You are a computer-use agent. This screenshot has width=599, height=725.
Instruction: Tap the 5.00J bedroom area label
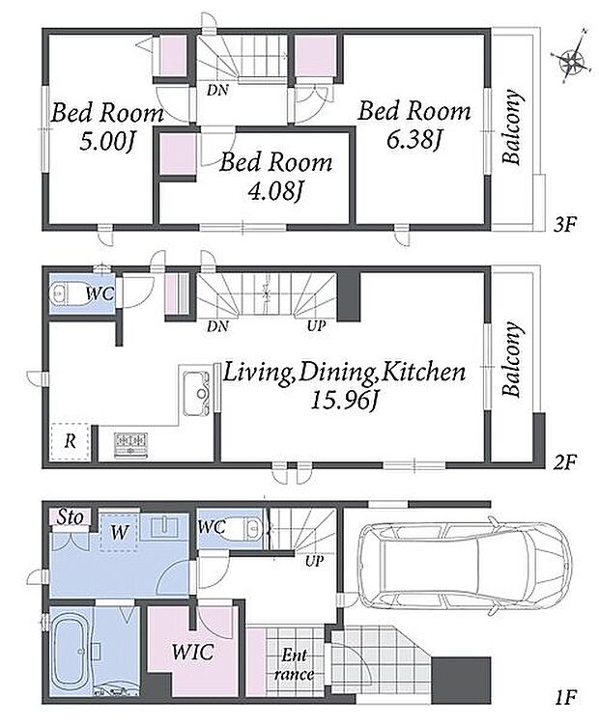tap(106, 141)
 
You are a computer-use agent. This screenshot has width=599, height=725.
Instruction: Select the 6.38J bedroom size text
tap(413, 139)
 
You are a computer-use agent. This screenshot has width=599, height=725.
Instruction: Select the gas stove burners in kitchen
tap(131, 444)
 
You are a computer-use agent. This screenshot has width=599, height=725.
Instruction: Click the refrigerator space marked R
tap(70, 441)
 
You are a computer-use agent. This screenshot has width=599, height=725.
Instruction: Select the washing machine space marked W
tap(120, 533)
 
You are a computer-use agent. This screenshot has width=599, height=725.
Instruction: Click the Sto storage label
tap(71, 516)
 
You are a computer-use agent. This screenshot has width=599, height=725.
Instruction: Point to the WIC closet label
tap(192, 652)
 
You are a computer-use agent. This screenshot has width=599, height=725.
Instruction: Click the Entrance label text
tap(295, 664)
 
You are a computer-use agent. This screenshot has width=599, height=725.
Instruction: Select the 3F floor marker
tap(565, 225)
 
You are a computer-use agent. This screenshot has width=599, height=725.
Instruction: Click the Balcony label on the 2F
tap(512, 360)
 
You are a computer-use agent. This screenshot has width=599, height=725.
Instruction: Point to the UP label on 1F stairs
tap(314, 561)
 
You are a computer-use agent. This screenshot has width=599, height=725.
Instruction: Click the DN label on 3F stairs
tap(217, 90)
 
